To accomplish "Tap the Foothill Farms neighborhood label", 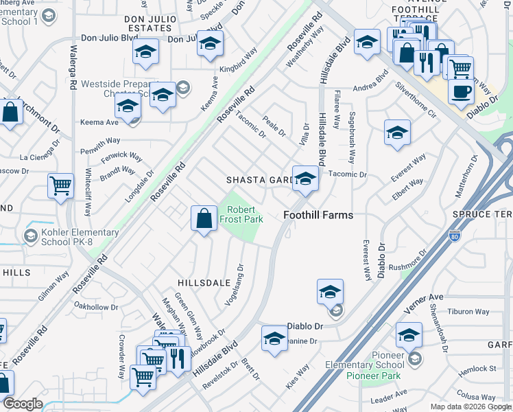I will [318, 215].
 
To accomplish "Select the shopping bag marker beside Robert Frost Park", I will [204, 219].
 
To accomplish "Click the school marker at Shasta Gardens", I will [305, 179].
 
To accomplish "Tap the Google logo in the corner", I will [23, 404].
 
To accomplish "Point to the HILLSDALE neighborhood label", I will [204, 283].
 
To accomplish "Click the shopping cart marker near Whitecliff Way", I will [61, 185].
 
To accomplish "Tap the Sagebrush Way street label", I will [352, 137].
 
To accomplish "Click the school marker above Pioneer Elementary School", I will [409, 336].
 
